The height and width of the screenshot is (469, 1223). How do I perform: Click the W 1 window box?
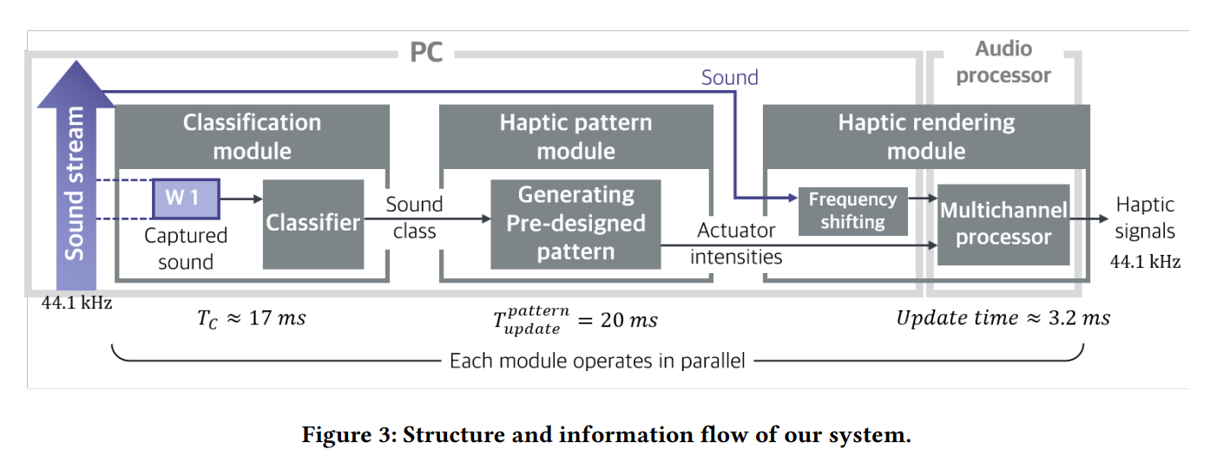pos(186,199)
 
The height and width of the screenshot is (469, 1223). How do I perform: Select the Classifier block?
pos(312,224)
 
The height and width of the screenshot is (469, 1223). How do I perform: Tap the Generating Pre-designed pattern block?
pos(575,224)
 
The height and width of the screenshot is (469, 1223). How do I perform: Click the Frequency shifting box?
pos(852,211)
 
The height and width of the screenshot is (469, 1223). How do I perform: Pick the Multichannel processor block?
pos(1003,225)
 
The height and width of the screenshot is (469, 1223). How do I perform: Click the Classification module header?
pos(252,136)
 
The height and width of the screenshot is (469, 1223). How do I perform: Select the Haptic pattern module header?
pos(575,136)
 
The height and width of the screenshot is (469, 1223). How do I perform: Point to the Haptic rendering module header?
pos(926,136)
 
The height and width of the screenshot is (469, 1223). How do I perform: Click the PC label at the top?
pos(425,53)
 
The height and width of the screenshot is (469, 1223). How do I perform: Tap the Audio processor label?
pos(1003,62)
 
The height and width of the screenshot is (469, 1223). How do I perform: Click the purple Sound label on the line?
pos(729,78)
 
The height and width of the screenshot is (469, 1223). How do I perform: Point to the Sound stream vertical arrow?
pos(76,182)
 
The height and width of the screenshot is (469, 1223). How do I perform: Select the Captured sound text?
pos(186,248)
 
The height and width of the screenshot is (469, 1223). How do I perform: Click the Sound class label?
pos(414,218)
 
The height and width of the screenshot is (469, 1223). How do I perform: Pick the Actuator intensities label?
pos(736,244)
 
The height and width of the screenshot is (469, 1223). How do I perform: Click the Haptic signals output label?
pos(1145,218)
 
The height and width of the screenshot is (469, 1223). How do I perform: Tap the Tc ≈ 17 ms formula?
pos(252,318)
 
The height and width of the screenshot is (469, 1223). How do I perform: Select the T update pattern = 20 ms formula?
pos(575,319)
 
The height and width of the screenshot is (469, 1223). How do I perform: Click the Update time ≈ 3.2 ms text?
pos(1003,318)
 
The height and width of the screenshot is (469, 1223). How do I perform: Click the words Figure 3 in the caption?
pos(346,435)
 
